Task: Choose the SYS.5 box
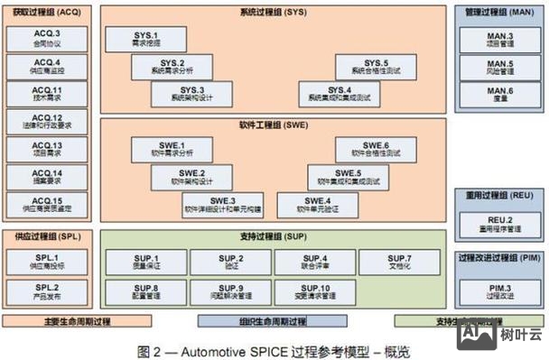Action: [369, 66]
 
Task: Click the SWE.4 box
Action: [317, 204]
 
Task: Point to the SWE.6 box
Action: [375, 149]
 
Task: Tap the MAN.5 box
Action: [499, 67]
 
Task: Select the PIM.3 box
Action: [499, 291]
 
